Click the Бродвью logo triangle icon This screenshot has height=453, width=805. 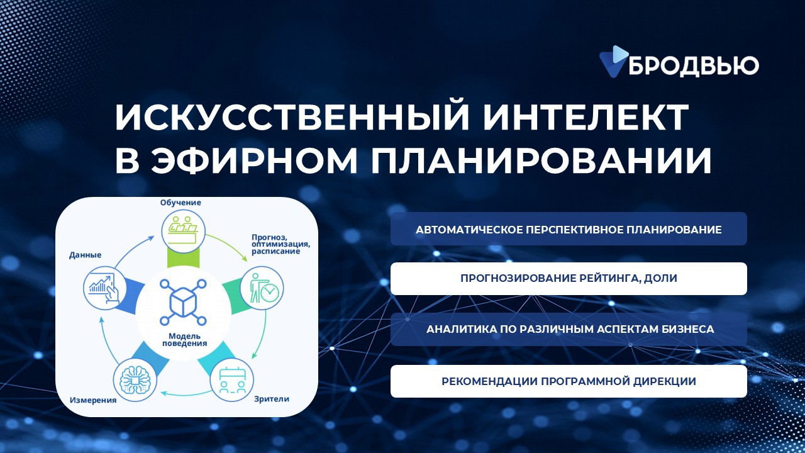pyautogui.click(x=613, y=61)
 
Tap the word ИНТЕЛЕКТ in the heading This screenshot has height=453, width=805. pyautogui.click(x=586, y=117)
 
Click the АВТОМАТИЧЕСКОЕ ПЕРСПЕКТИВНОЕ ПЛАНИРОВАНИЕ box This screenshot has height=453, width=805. pyautogui.click(x=569, y=229)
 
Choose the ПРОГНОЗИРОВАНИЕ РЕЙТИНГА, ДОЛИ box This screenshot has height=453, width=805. pyautogui.click(x=569, y=279)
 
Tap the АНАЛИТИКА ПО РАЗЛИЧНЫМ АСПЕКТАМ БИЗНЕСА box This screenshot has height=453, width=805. pyautogui.click(x=569, y=329)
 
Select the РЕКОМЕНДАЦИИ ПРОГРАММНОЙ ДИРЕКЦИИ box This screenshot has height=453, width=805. pyautogui.click(x=569, y=381)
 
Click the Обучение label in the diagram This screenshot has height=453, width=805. pyautogui.click(x=180, y=203)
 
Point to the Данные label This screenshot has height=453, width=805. pyautogui.click(x=85, y=255)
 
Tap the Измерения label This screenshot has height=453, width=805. pyautogui.click(x=93, y=400)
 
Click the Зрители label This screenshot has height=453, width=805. pyautogui.click(x=272, y=399)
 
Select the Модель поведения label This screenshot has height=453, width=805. pyautogui.click(x=185, y=340)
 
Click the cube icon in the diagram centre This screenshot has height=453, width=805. pyautogui.click(x=183, y=303)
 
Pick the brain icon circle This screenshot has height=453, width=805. pyautogui.click(x=135, y=380)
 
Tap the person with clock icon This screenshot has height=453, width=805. pyautogui.click(x=262, y=288)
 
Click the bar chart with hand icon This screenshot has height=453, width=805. pyautogui.click(x=105, y=288)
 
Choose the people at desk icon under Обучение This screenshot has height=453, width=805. pyautogui.click(x=183, y=231)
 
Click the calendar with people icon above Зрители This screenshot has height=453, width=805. pyautogui.click(x=232, y=380)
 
